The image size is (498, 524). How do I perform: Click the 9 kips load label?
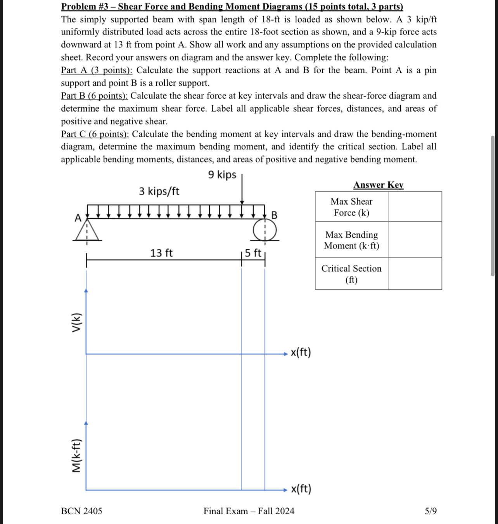pos(222,175)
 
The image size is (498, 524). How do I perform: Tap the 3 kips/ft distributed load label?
pos(159,191)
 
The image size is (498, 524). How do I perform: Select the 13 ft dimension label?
pos(161,253)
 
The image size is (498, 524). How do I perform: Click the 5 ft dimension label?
pos(253,253)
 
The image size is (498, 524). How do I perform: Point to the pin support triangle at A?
pos(87,233)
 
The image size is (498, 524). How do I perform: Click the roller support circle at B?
pos(265,231)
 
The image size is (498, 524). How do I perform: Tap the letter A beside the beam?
pos(78,218)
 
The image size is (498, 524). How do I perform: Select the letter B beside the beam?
pos(274,215)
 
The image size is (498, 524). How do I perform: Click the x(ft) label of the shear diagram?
pos(301,352)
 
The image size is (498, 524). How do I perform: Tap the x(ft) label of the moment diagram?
pos(301,489)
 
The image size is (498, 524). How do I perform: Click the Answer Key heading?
pos(378,185)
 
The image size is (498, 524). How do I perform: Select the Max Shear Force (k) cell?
pos(351,207)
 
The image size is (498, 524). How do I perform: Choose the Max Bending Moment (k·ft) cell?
pos(351,240)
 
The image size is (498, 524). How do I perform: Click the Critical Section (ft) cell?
pos(351,274)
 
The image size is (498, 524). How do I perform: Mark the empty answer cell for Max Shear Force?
pos(415,207)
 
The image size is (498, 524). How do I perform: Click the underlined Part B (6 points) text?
pos(94,96)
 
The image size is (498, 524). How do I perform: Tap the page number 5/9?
pos(431,511)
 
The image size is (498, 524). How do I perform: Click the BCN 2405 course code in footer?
pos(81,511)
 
